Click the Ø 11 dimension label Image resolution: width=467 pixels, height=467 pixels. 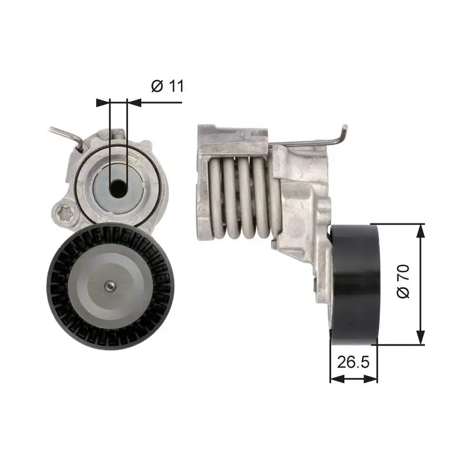168,86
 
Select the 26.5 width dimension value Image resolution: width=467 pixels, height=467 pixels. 354,363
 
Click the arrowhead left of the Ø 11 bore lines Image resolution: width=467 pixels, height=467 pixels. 103,102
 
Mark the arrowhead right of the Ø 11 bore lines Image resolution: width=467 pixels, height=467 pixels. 133,102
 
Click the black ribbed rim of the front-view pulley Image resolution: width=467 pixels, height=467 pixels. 58,286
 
